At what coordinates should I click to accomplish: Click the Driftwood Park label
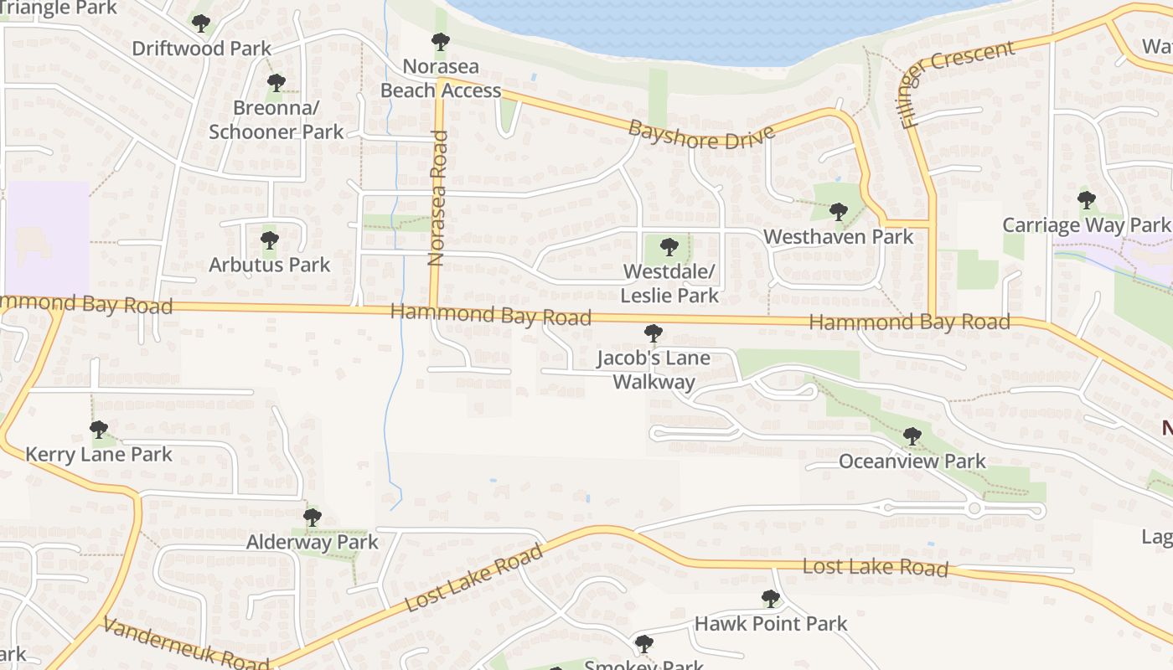202,49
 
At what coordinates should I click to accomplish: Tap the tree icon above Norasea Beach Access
440,41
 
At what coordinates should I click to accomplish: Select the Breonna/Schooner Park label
276,120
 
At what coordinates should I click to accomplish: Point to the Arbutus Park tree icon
269,240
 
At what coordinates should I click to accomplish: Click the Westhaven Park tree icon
839,212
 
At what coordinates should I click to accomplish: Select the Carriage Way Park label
1085,225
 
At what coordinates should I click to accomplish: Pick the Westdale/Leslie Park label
669,284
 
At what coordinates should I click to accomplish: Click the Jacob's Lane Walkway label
654,370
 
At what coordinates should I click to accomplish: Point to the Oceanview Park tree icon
912,436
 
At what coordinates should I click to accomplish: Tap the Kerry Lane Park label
99,455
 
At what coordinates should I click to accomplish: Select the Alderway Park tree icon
313,518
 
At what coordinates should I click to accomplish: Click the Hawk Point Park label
771,624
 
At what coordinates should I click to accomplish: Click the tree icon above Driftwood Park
201,23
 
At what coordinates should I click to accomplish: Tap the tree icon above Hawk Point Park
771,599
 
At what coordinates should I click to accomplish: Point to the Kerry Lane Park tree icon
99,430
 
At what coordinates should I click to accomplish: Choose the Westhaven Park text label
838,237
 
